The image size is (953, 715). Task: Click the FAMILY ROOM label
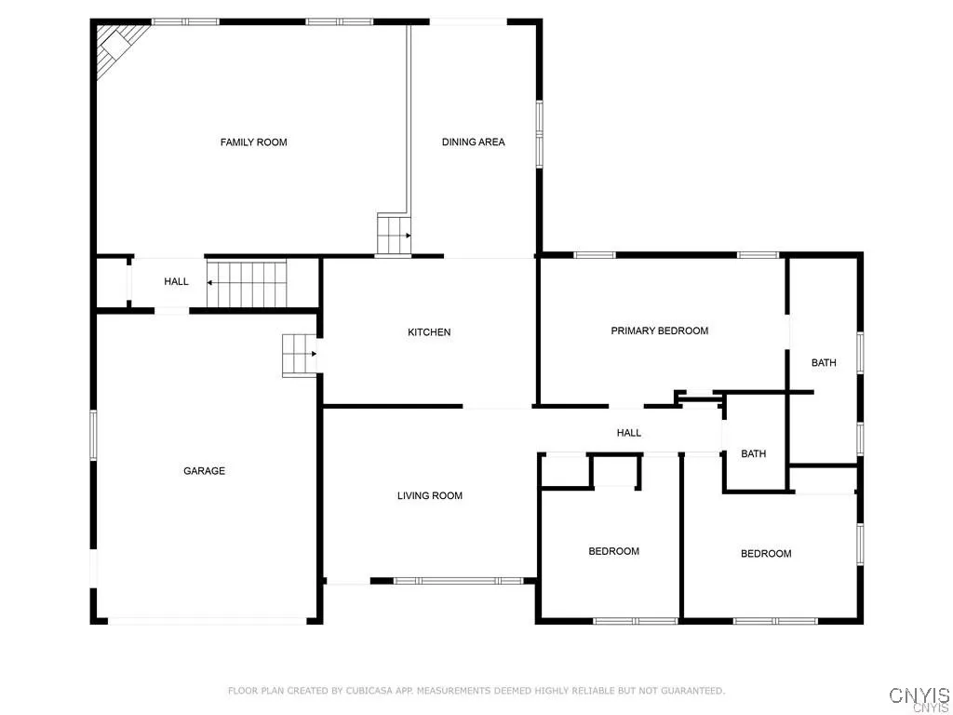[253, 142]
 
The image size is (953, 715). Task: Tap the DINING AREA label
[473, 142]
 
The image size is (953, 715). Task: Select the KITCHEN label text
[429, 332]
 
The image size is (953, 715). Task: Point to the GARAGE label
[204, 471]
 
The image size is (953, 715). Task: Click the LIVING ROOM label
[430, 496]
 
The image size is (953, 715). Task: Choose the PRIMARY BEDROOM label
[659, 331]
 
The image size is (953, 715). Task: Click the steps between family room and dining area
[393, 234]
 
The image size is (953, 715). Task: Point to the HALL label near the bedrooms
[629, 433]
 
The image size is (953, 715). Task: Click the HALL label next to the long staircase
[176, 282]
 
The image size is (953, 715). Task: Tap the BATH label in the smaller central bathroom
[753, 454]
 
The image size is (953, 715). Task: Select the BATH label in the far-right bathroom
[824, 363]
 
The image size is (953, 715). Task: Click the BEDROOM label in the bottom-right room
[766, 554]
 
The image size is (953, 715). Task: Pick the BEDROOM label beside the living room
[613, 551]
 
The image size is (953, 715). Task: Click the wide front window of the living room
[458, 581]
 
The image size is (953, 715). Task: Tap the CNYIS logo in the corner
[919, 695]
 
